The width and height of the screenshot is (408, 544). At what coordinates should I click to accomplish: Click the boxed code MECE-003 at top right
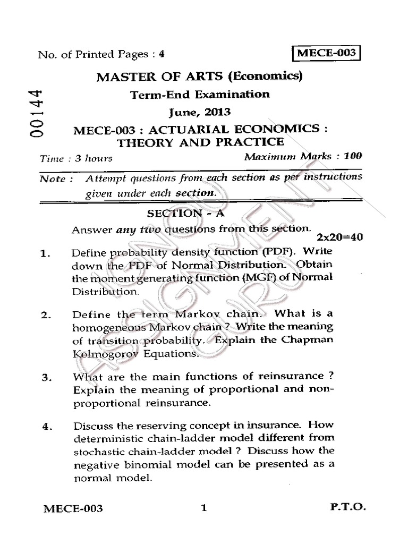326,54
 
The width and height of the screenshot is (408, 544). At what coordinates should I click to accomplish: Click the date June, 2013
200,112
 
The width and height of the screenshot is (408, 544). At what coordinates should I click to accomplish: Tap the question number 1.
45,254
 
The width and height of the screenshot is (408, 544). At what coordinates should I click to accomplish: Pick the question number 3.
45,379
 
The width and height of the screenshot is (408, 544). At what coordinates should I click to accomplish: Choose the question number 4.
45,427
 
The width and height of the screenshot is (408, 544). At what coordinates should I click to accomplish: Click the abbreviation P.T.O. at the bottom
348,508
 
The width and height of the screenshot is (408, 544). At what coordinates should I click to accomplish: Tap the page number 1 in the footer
203,508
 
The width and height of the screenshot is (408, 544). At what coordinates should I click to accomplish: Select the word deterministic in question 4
105,439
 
